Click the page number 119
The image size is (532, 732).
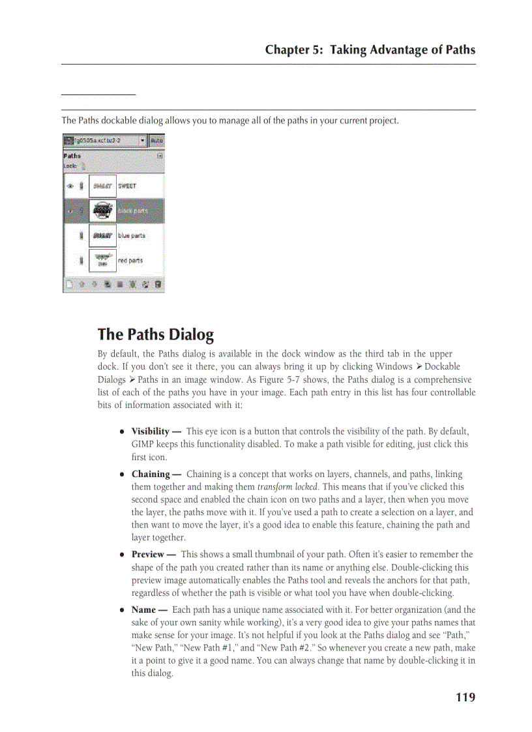click(x=465, y=697)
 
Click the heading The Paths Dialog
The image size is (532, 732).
click(x=155, y=335)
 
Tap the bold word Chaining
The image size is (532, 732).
click(x=151, y=474)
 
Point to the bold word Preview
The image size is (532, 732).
click(x=148, y=554)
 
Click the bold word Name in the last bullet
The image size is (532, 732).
click(x=143, y=609)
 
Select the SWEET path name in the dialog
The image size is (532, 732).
click(x=127, y=186)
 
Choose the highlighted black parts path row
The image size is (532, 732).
click(x=114, y=211)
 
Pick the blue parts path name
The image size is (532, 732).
click(x=131, y=235)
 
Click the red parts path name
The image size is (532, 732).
click(x=130, y=260)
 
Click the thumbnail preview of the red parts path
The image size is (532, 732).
click(x=102, y=261)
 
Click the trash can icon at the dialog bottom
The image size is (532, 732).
click(x=158, y=285)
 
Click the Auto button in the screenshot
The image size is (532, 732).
click(x=157, y=140)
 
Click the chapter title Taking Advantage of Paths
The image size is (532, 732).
click(x=403, y=50)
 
